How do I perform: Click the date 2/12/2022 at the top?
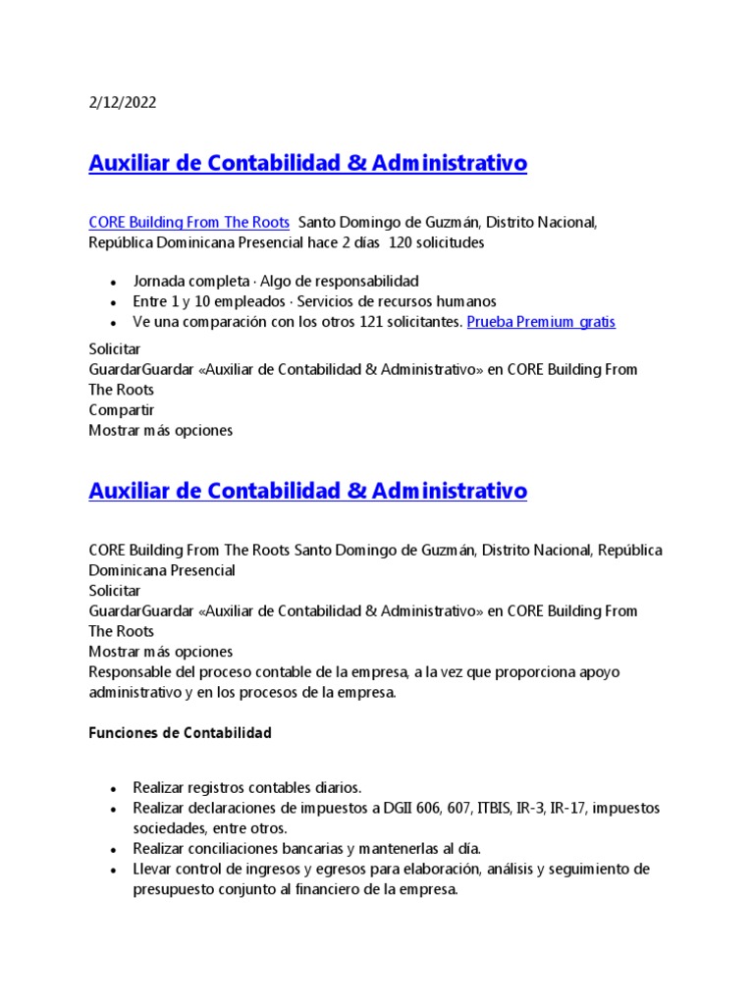[x=122, y=103]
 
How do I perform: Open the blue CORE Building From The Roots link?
[x=188, y=223]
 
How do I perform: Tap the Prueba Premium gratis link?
[x=541, y=322]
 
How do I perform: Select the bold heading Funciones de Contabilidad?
[x=180, y=733]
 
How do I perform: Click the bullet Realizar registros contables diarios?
[x=247, y=787]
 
